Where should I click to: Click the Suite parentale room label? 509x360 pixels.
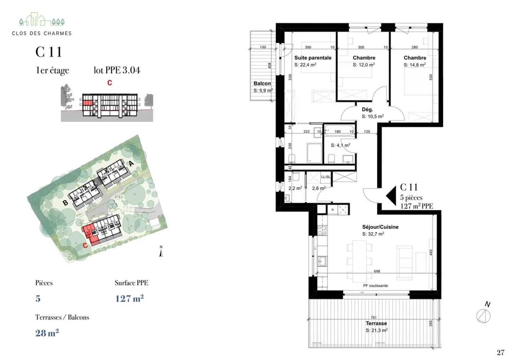pos(313,58)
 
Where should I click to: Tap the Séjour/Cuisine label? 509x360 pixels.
pos(380,227)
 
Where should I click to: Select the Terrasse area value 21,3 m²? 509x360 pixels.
pos(376,330)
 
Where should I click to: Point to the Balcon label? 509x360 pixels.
pos(262,83)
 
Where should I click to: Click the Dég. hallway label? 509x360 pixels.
pos(367,110)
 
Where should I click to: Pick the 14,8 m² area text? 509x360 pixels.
pos(415,65)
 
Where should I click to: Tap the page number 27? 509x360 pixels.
pos(500,352)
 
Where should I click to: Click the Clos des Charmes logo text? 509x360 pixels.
pos(42,33)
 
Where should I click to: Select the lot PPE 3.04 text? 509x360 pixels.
pos(117,70)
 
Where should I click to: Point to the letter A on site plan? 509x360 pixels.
pos(131,163)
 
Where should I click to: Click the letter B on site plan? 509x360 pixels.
pos(65,203)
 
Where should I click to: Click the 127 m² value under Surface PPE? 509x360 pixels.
pos(129,298)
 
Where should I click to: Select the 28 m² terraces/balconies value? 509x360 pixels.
pos(47,333)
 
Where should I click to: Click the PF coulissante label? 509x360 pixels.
pos(375,286)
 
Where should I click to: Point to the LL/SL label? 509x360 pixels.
pos(326,177)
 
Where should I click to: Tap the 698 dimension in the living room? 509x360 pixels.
pos(377,271)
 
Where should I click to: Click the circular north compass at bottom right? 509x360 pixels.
pos(483,315)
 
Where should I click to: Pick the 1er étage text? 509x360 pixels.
pos(52,70)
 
